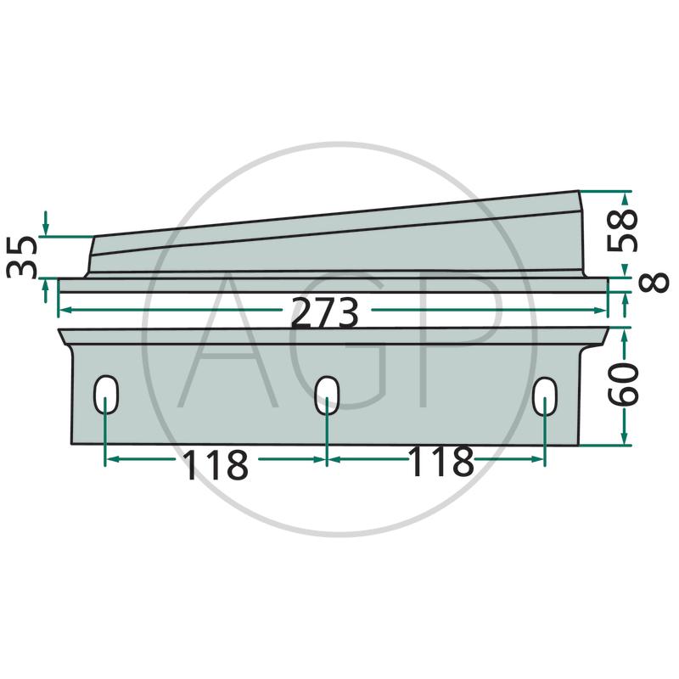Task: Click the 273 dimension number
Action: (325, 312)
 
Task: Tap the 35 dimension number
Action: (21, 257)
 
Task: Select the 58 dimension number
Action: (622, 230)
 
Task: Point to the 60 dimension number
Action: (623, 384)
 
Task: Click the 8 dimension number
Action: (654, 283)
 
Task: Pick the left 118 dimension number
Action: (216, 464)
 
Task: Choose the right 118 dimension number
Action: (441, 461)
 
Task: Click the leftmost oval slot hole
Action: (105, 395)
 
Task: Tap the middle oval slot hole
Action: (327, 395)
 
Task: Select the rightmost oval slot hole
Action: (545, 396)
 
